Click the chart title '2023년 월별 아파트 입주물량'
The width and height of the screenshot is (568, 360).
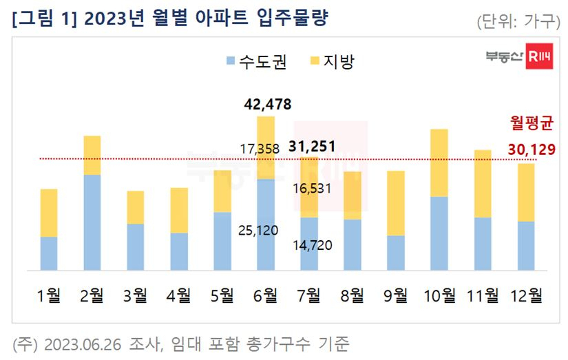pos(206,18)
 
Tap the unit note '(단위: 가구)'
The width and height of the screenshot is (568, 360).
pos(518,22)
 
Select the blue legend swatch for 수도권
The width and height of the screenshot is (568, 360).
pos(231,61)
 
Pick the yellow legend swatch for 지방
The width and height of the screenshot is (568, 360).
pos(315,61)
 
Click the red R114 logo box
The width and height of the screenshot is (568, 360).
pos(539,56)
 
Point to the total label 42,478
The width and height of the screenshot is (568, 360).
pos(267,105)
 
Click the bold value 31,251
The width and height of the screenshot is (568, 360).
pos(312,147)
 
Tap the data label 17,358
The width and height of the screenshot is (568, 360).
pos(260,149)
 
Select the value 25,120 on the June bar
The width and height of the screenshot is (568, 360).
pos(258,231)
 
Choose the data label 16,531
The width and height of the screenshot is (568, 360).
pos(312,189)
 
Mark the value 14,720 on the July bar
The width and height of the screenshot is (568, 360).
pos(313,245)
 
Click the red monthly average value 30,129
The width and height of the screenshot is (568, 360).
pos(532,149)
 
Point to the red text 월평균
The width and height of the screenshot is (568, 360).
pos(532,123)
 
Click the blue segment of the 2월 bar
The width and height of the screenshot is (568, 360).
pos(92,223)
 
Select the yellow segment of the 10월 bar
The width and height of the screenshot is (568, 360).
pos(439,163)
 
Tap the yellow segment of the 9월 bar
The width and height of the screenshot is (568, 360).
pos(396,204)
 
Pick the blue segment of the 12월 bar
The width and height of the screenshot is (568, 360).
pos(526,246)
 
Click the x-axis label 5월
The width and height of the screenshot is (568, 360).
pos(222,295)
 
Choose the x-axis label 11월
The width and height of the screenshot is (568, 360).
pos(483,295)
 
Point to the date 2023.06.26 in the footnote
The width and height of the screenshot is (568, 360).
pos(83,344)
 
